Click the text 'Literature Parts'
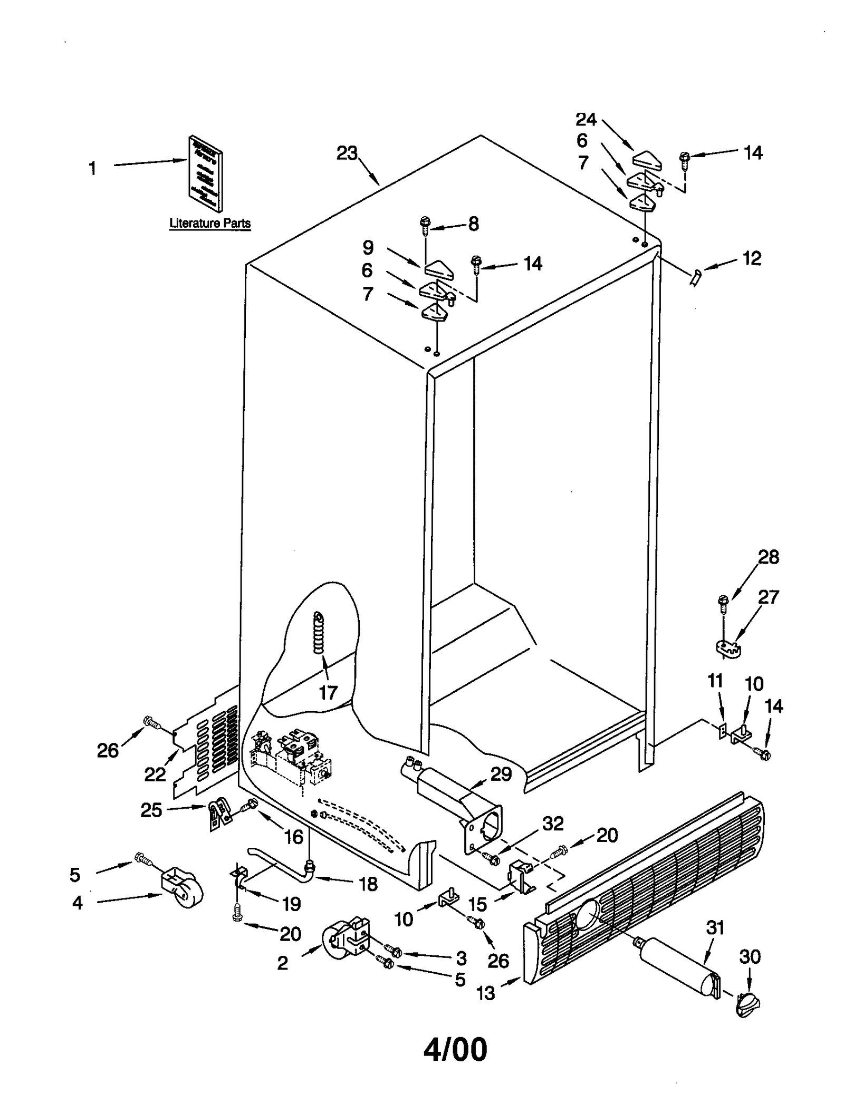tap(210, 223)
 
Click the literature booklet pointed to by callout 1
tap(205, 173)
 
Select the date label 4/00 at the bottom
tap(455, 1049)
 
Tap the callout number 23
tap(347, 153)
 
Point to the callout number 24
tap(586, 120)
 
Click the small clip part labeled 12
tap(695, 276)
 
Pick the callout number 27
tap(768, 597)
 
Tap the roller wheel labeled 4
tap(182, 889)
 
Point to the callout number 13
tap(485, 993)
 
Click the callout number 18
tap(368, 884)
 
